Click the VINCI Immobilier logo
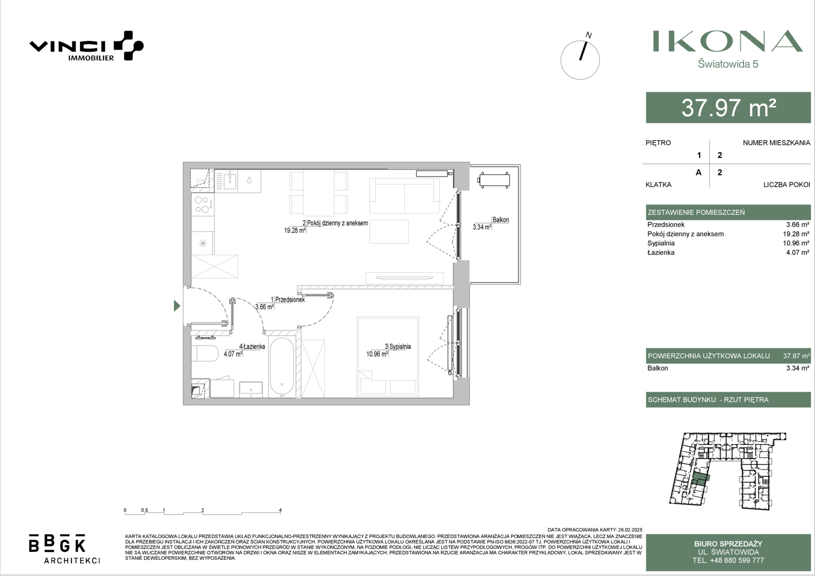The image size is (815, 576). pyautogui.click(x=86, y=46)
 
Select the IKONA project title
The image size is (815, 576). pyautogui.click(x=728, y=41)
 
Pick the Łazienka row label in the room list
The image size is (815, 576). pyautogui.click(x=661, y=252)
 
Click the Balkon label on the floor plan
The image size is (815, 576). pyautogui.click(x=501, y=220)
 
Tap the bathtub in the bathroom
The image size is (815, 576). pyautogui.click(x=282, y=367)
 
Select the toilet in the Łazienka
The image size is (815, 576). pyautogui.click(x=204, y=353)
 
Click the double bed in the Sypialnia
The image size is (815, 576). pyautogui.click(x=388, y=357)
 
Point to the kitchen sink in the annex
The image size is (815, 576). pyautogui.click(x=230, y=180)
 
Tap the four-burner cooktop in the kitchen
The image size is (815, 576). pyautogui.click(x=202, y=204)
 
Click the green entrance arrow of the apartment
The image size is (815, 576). pyautogui.click(x=177, y=306)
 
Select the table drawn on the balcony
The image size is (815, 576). pyautogui.click(x=494, y=180)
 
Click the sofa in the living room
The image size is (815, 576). pyautogui.click(x=404, y=196)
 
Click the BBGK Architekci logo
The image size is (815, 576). pyautogui.click(x=64, y=549)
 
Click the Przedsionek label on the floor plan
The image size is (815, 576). pyautogui.click(x=290, y=299)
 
